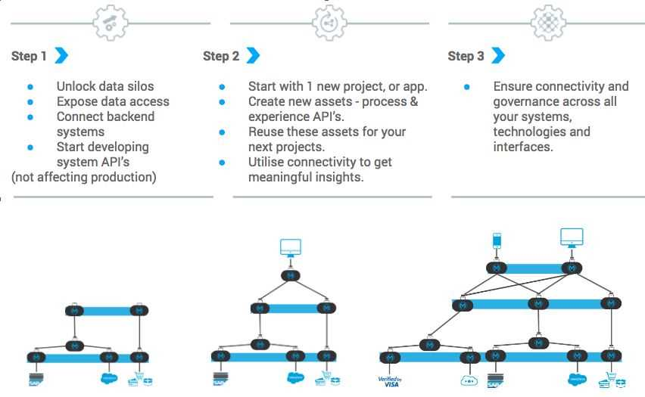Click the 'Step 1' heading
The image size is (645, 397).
[x=29, y=56]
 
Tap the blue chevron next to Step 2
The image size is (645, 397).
[x=253, y=55]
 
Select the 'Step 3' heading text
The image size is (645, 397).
[x=466, y=56]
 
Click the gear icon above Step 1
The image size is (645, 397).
[x=111, y=23]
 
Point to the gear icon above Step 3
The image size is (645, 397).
[x=548, y=23]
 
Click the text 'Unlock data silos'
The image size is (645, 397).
[x=104, y=86]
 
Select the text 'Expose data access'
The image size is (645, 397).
[x=113, y=101]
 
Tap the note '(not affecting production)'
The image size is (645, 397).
[x=84, y=177]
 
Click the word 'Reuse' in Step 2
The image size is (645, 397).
[x=266, y=132]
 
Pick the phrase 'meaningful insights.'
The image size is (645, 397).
[x=306, y=177]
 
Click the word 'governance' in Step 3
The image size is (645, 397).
[x=528, y=101]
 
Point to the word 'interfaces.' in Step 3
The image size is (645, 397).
[x=523, y=147]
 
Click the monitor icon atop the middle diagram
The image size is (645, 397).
[x=290, y=247]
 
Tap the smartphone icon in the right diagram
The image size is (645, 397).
[x=497, y=240]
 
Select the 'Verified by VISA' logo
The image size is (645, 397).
[x=389, y=381]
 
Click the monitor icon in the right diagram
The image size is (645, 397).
[x=572, y=237]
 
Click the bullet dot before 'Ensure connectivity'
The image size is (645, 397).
[x=467, y=87]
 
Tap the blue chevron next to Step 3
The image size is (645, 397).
[x=497, y=55]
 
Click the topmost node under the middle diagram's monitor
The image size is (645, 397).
[x=290, y=275]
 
